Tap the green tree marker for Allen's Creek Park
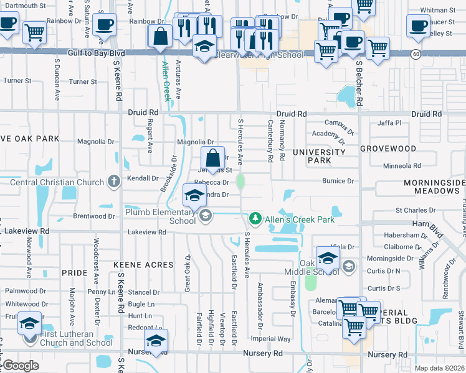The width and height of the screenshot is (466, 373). [x=255, y=219]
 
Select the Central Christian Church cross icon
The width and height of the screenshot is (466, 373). [x=113, y=182]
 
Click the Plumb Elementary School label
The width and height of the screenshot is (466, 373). [x=161, y=216]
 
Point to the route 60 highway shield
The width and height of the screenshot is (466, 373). [x=415, y=55]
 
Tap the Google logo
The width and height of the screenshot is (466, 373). [x=20, y=366]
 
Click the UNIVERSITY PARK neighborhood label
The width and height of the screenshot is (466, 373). [x=319, y=156]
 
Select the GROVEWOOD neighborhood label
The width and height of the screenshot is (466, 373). [x=388, y=149]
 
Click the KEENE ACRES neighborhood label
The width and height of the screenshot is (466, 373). [x=143, y=265]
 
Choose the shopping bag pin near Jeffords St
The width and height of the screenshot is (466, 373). [x=212, y=158]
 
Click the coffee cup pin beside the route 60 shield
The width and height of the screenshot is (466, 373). [x=417, y=25]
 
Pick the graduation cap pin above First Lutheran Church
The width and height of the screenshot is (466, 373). [x=29, y=324]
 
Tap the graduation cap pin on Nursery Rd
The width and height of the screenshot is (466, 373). [x=156, y=341]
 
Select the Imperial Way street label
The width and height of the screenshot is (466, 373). [x=270, y=339]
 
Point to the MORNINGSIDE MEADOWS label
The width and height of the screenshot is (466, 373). [x=434, y=186]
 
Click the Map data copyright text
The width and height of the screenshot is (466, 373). [x=440, y=368]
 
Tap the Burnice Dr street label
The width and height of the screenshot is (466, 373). [x=338, y=181]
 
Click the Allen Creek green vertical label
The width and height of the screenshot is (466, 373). [x=166, y=81]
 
